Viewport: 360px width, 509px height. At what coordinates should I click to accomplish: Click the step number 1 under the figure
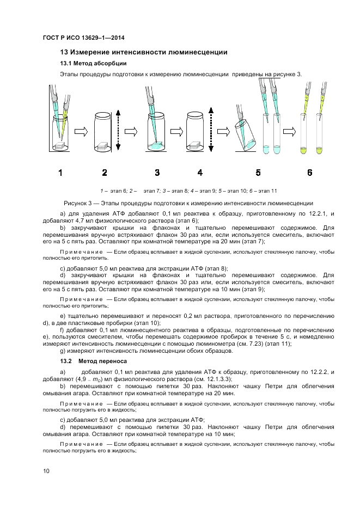pos(60,173)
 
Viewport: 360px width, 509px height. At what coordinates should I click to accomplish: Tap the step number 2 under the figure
pos(105,173)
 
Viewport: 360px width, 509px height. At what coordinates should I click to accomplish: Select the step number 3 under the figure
pos(157,173)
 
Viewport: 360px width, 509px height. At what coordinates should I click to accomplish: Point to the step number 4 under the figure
pos(200,173)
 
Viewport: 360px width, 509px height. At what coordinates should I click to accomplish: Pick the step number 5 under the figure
pos(258,173)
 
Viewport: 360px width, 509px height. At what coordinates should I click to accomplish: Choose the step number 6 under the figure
pos(309,173)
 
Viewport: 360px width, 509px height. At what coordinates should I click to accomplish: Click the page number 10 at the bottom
pos(46,470)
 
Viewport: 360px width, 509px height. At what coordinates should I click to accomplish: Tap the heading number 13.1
pos(65,64)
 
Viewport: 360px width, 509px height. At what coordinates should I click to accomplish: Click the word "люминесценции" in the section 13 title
pos(202,52)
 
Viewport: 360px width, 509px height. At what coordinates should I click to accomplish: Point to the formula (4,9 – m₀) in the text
pos(84,379)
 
